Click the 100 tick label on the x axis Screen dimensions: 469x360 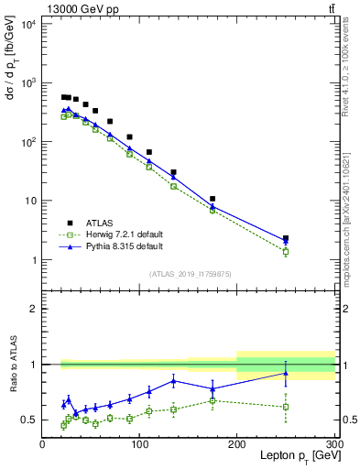click(x=139, y=442)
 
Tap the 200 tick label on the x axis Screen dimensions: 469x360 click(x=237, y=442)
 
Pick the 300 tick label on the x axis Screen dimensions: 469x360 click(x=333, y=442)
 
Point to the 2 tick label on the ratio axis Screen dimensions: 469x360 click(x=33, y=309)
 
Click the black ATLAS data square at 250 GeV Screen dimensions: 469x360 click(x=286, y=238)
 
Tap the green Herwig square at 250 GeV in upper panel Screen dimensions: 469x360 click(x=286, y=251)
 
